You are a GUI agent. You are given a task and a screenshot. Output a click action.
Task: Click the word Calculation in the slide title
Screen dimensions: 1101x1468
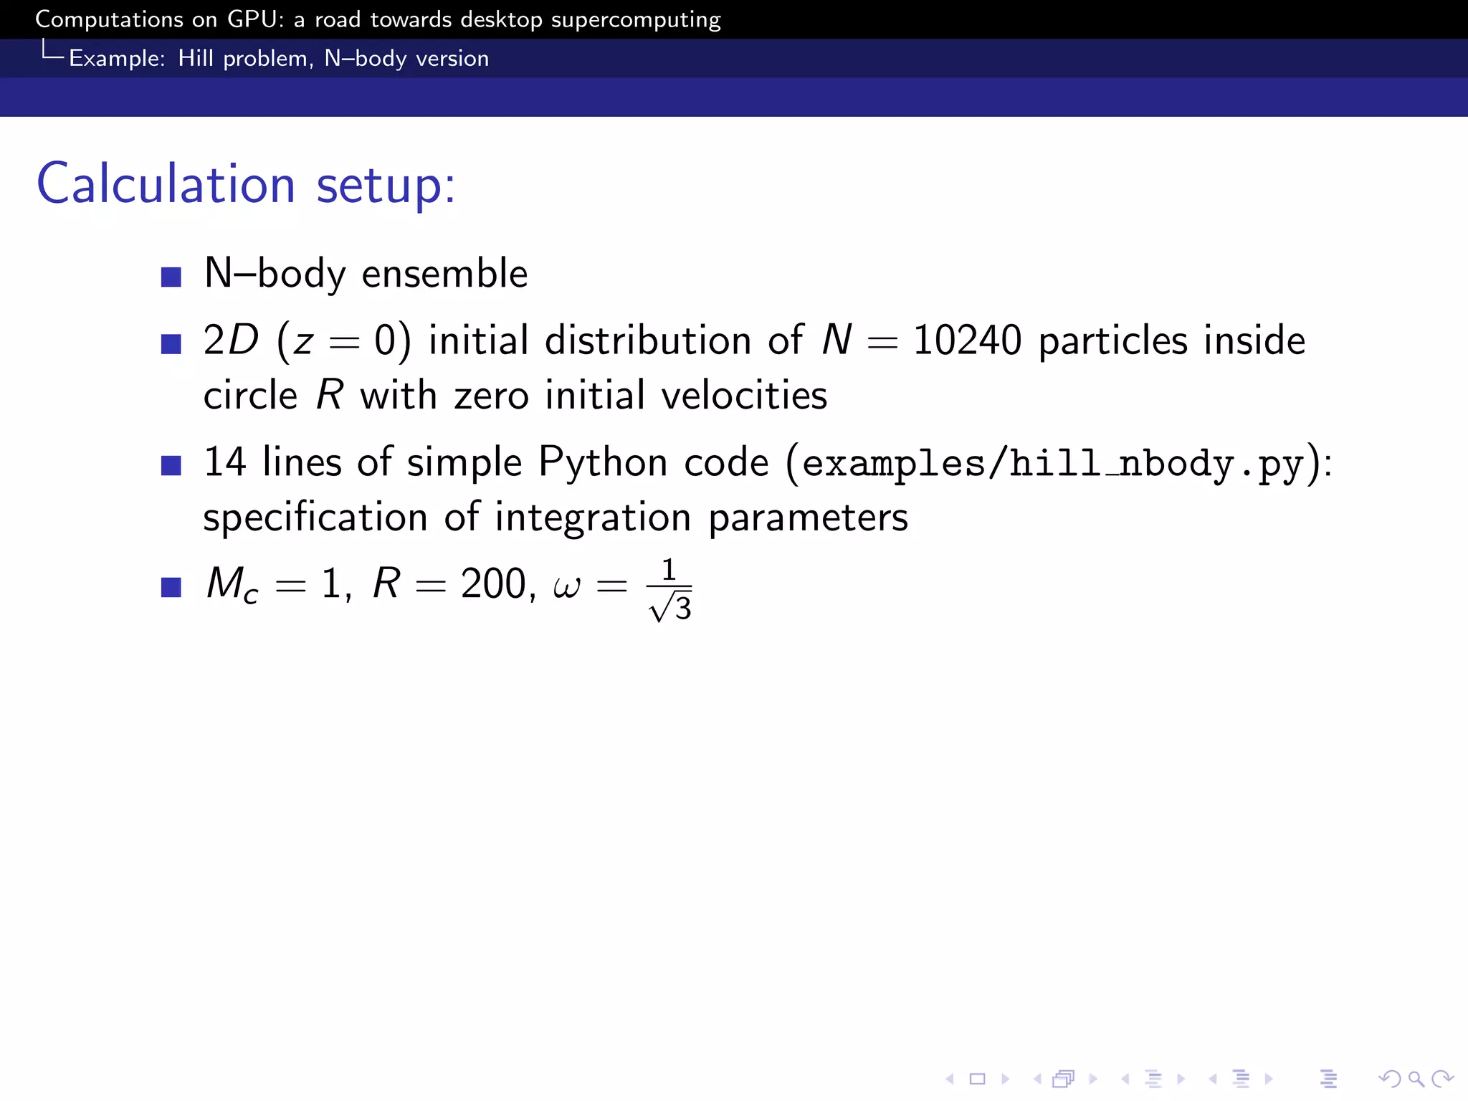pyautogui.click(x=166, y=183)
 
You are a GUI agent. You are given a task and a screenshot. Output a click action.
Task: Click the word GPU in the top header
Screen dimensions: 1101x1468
pyautogui.click(x=252, y=19)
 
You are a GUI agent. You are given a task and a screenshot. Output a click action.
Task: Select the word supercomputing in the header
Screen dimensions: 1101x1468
pyautogui.click(x=635, y=20)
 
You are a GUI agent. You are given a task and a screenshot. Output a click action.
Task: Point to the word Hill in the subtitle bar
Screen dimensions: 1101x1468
pyautogui.click(x=196, y=58)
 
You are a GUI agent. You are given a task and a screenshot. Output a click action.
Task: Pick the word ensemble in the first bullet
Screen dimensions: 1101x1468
pyautogui.click(x=444, y=274)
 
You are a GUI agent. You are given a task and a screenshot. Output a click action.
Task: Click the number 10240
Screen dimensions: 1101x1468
pyautogui.click(x=967, y=340)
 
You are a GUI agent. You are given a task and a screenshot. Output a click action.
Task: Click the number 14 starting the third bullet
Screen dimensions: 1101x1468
pyautogui.click(x=225, y=462)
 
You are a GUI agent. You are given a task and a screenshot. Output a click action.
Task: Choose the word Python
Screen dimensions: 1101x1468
pyautogui.click(x=603, y=462)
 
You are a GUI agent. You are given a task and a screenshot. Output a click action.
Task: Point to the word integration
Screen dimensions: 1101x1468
pyautogui.click(x=593, y=517)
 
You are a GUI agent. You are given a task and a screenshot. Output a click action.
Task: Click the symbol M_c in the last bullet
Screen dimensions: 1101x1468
pyautogui.click(x=232, y=584)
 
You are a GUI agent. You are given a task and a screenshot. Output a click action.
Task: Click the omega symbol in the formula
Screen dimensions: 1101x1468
pyautogui.click(x=566, y=586)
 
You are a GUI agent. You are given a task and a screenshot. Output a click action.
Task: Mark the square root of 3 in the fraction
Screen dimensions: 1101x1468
pyautogui.click(x=671, y=608)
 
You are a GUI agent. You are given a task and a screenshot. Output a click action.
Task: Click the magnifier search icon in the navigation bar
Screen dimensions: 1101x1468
pyautogui.click(x=1416, y=1078)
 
